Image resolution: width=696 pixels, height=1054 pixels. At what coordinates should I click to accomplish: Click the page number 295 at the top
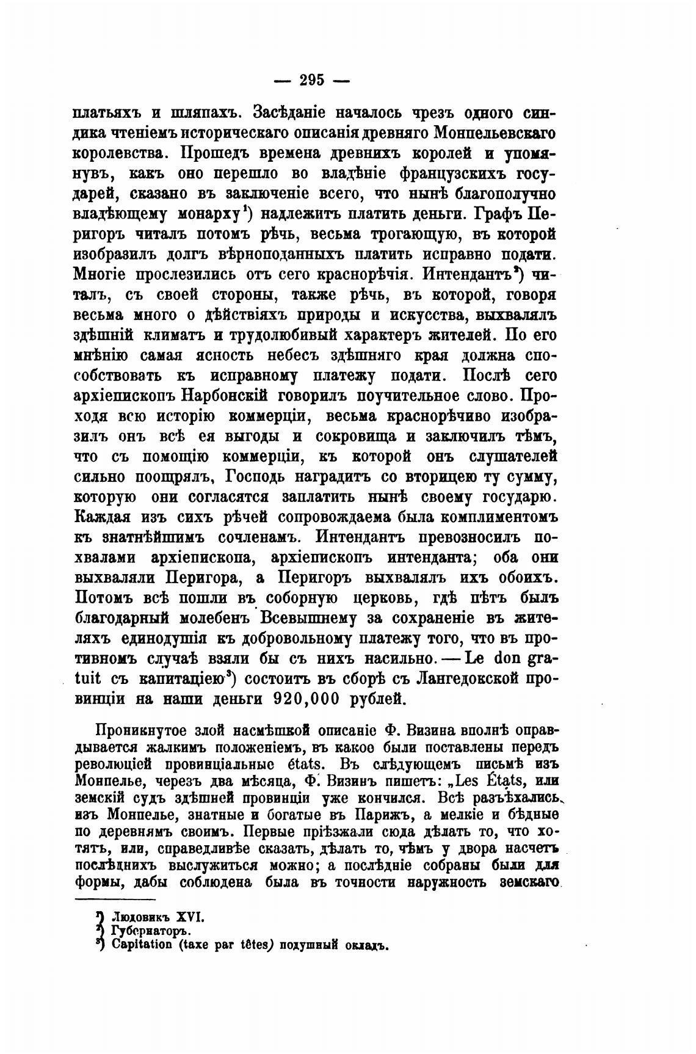coord(311,79)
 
